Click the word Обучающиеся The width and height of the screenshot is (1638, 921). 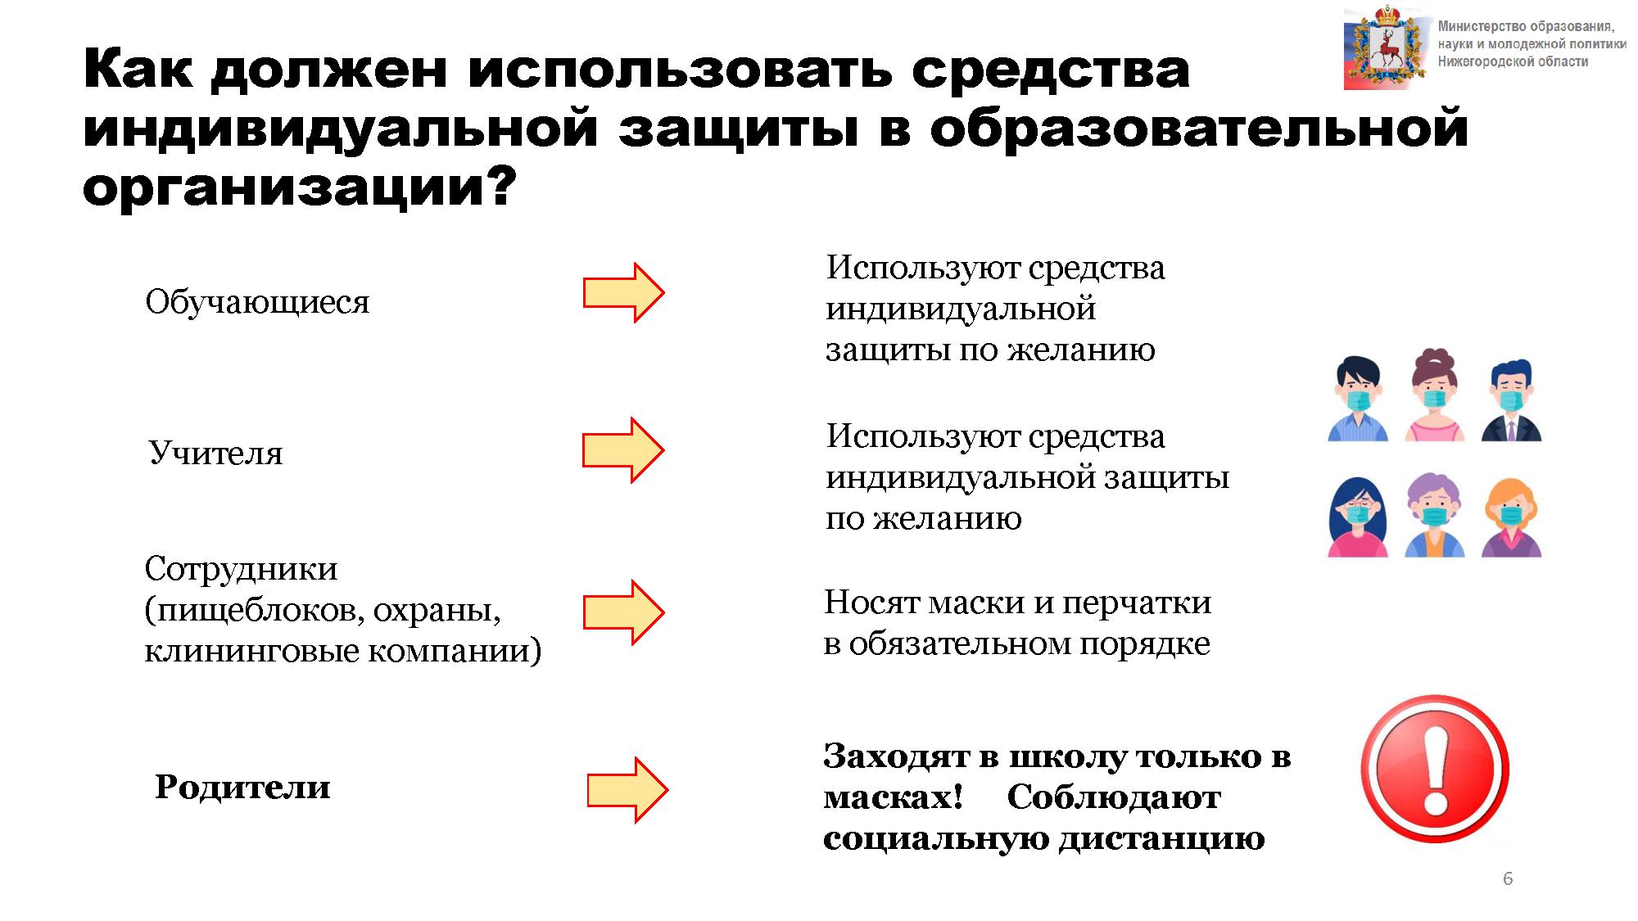[257, 302]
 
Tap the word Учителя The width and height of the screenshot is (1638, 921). [215, 453]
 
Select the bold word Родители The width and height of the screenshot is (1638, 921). [242, 787]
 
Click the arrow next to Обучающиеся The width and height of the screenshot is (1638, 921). [623, 292]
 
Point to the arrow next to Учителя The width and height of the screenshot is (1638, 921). [622, 449]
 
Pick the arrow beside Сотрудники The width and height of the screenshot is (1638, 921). [623, 612]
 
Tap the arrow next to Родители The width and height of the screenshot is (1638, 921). [627, 789]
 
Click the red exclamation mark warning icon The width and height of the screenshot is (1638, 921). [1435, 769]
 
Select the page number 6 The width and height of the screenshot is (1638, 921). [1508, 878]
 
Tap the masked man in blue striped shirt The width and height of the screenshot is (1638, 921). [1357, 399]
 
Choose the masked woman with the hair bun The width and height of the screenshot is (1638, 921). [1434, 395]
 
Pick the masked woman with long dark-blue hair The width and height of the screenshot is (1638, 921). [1357, 517]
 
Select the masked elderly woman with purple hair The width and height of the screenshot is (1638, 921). [1434, 516]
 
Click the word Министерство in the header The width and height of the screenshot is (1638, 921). [1482, 26]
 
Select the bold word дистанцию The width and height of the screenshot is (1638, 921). [1162, 839]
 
